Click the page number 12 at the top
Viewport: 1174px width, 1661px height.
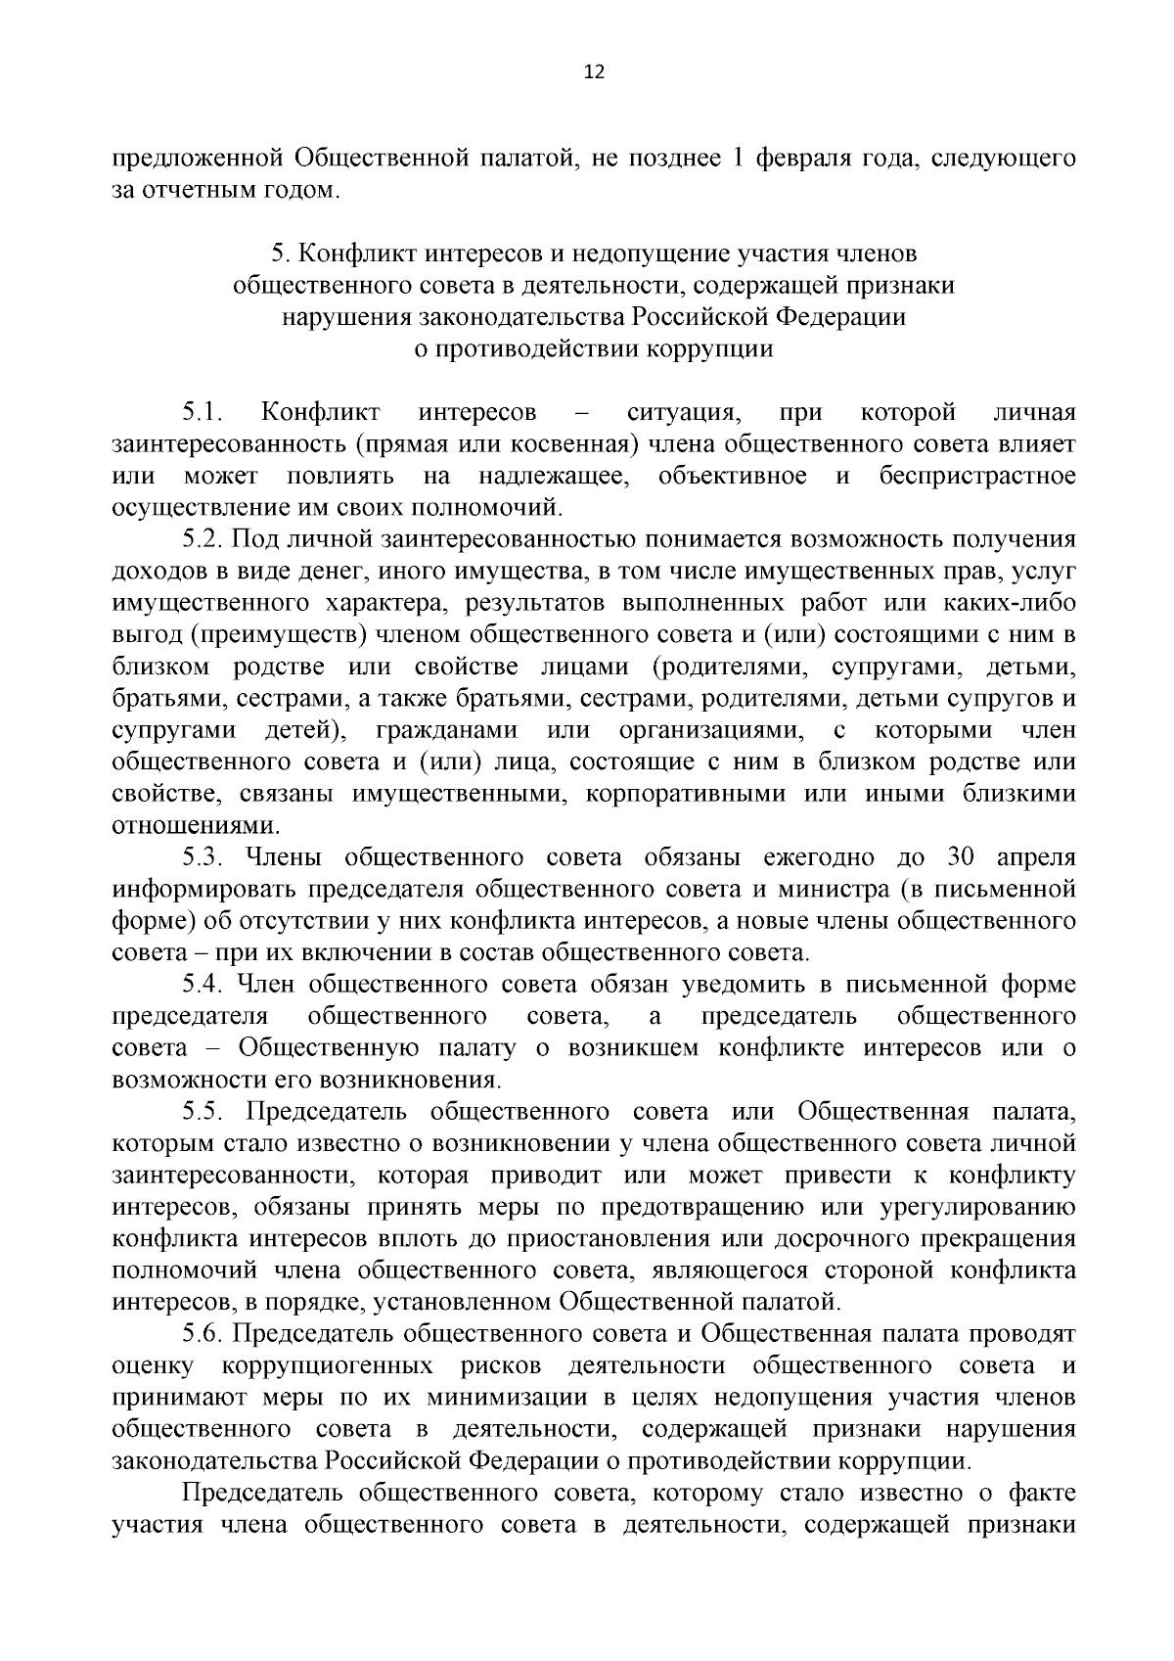[594, 71]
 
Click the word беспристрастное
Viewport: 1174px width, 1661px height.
[976, 476]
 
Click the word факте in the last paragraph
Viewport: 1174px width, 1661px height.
[1043, 1494]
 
